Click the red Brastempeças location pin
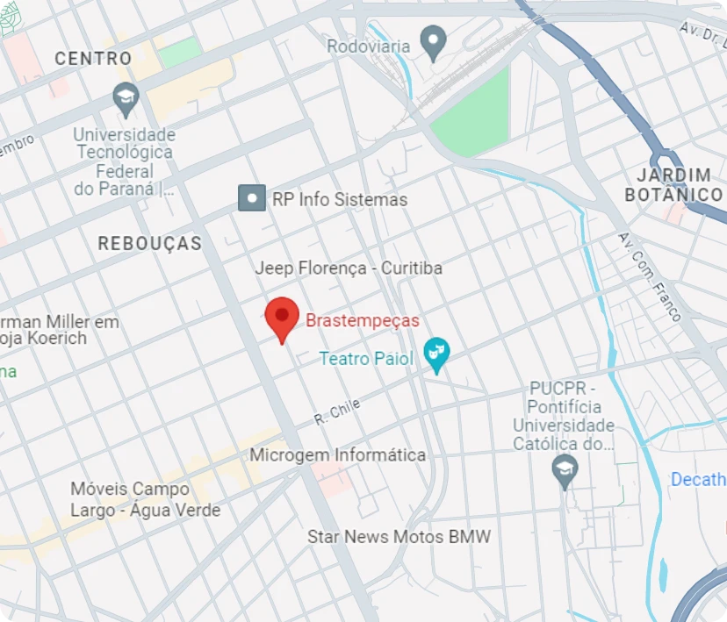[x=282, y=318]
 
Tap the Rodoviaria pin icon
[x=432, y=40]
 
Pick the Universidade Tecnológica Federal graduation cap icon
[x=126, y=97]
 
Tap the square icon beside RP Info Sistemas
[x=252, y=198]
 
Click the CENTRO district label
[x=93, y=59]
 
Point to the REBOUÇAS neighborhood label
[x=149, y=243]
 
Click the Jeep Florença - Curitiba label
[x=349, y=268]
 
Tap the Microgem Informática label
[x=337, y=454]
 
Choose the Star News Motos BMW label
[x=399, y=536]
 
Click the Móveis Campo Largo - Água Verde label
[x=146, y=499]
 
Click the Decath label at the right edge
[x=698, y=479]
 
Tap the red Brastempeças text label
[x=362, y=320]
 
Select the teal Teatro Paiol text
[x=366, y=358]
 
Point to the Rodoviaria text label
[x=369, y=46]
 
